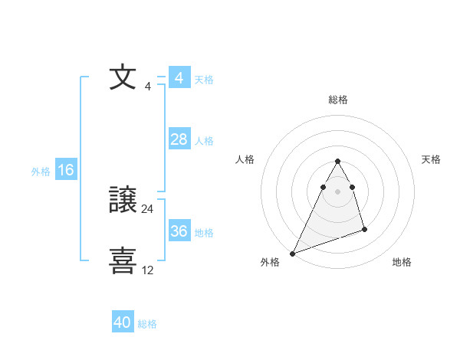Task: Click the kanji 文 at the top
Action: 123,77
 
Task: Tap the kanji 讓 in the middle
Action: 123,201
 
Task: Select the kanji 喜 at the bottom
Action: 123,260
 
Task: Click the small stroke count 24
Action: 148,208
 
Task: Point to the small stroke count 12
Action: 148,270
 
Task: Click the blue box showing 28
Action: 179,139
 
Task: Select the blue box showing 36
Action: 179,231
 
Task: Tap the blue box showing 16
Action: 65,170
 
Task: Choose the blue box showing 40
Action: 122,323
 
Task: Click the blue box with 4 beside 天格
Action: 179,78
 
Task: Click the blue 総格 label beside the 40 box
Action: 147,324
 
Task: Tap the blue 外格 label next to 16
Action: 41,172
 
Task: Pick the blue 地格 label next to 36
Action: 204,233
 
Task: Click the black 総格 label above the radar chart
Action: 337,100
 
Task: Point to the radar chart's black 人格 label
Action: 245,159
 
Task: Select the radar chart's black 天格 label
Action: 431,159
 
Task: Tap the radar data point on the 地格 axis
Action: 364,229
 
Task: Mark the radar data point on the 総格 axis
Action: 337,162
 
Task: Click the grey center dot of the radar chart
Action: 337,191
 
